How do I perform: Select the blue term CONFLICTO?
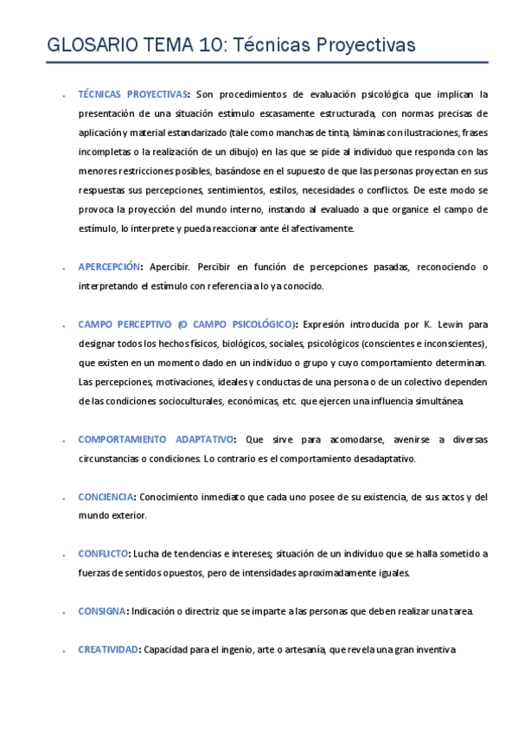click(103, 553)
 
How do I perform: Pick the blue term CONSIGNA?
click(101, 611)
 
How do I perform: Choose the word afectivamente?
click(316, 229)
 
